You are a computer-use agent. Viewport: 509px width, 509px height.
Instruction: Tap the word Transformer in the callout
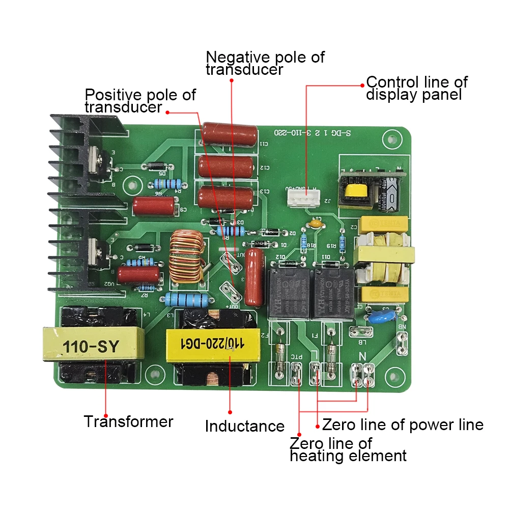click(x=128, y=421)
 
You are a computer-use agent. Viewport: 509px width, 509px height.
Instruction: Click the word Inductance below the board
click(x=244, y=426)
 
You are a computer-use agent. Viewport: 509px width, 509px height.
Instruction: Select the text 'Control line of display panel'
click(x=416, y=88)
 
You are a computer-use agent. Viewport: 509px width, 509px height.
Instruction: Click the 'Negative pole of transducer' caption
click(x=265, y=63)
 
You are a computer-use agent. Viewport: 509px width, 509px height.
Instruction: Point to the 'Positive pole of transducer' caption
click(x=140, y=101)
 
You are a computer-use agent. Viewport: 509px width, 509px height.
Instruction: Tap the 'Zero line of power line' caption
click(x=403, y=425)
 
